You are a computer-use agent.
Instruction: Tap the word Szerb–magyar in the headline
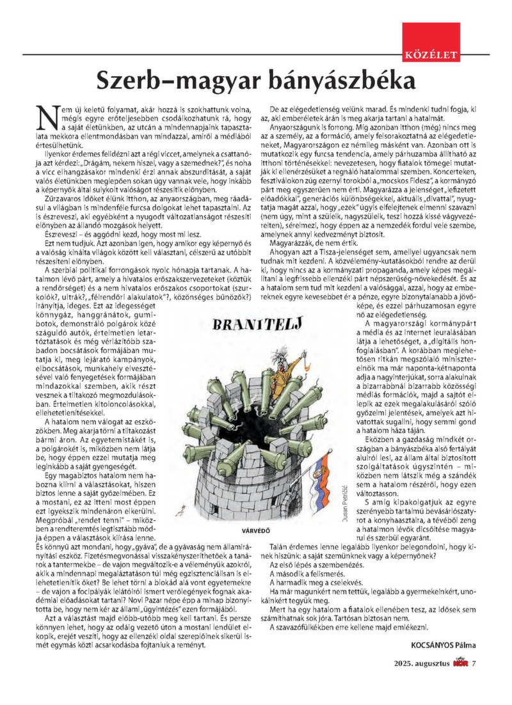168,81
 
